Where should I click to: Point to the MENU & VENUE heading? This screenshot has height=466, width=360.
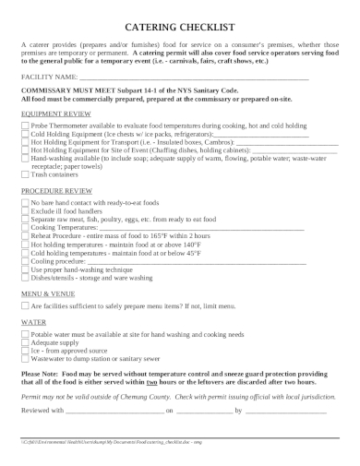[x=46, y=293]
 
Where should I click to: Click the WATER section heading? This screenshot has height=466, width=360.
[x=32, y=322]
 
